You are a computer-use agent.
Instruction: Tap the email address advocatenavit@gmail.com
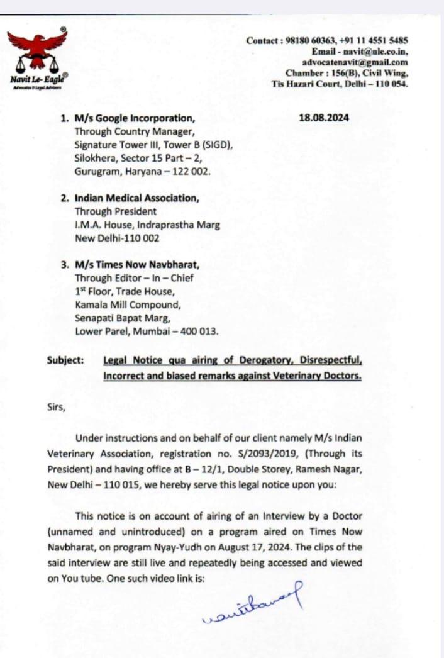355,62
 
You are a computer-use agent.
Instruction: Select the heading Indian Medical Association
137,198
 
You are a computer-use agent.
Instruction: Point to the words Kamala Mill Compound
128,305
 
